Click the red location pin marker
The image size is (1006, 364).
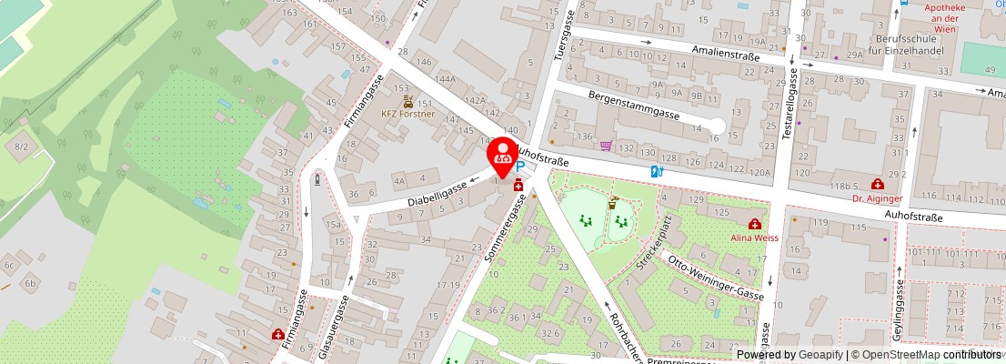pyautogui.click(x=502, y=155)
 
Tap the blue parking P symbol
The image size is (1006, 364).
pyautogui.click(x=520, y=167)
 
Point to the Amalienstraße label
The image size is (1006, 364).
pyautogui.click(x=724, y=52)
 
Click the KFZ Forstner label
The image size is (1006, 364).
pyautogui.click(x=407, y=115)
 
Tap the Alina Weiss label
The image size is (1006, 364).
pyautogui.click(x=754, y=238)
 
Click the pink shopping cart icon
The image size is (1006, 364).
pyautogui.click(x=606, y=145)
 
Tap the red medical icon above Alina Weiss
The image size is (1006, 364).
pyautogui.click(x=754, y=224)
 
